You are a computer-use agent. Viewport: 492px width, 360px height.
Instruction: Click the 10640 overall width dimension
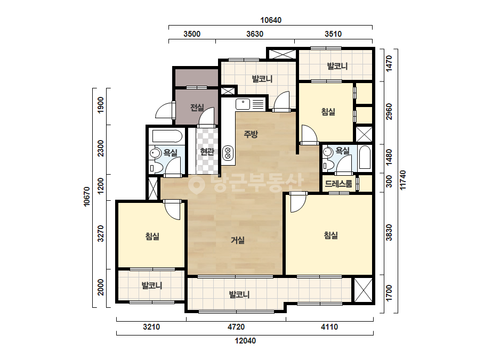[x=271, y=20]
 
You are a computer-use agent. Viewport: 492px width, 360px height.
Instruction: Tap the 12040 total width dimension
[x=245, y=340]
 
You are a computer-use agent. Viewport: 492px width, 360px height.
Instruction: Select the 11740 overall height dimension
[x=403, y=179]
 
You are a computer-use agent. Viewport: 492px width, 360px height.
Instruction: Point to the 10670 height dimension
[x=87, y=197]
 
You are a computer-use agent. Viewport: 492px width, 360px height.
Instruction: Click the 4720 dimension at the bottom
[x=236, y=327]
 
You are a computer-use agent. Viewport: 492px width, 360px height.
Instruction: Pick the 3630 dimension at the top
[x=255, y=34]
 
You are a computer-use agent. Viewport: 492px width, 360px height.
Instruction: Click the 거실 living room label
[x=238, y=240]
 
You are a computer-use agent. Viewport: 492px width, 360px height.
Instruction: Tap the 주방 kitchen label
[x=251, y=134]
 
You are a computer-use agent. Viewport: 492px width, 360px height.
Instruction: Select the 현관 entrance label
[x=207, y=152]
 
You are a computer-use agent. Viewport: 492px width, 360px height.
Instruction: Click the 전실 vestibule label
[x=197, y=108]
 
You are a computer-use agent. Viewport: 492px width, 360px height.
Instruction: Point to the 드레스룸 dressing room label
[x=338, y=184]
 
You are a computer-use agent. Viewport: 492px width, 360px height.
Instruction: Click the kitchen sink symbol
[x=243, y=104]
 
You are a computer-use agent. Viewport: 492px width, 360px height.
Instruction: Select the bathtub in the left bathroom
[x=167, y=136]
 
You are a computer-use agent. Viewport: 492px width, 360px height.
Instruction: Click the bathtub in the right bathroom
[x=365, y=157]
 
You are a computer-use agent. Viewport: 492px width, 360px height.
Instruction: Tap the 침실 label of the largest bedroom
[x=330, y=235]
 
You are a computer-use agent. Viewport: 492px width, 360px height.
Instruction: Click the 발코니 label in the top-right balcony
[x=337, y=66]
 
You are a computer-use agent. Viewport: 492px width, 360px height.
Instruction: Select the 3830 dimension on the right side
[x=389, y=232]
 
